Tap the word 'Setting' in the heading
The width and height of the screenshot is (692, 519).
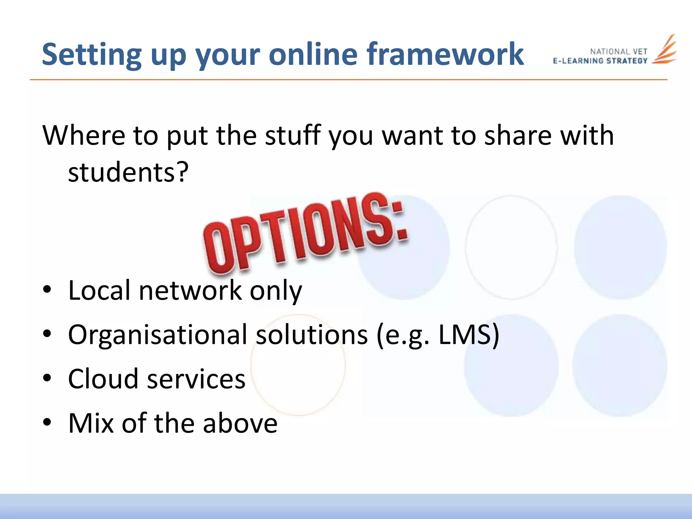tap(91, 55)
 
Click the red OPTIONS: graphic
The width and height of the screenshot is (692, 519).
tap(304, 233)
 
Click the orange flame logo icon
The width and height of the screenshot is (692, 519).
tap(664, 50)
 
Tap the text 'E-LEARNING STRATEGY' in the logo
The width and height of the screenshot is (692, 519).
tap(600, 61)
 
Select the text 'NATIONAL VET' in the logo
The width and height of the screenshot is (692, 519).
tap(618, 52)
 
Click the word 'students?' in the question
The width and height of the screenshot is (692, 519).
tap(128, 172)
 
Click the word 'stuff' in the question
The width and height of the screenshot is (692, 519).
tap(293, 135)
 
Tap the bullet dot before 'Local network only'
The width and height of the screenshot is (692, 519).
tap(47, 290)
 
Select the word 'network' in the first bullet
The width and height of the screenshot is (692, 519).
tap(190, 291)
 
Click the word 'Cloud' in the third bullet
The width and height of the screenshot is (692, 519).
tap(103, 379)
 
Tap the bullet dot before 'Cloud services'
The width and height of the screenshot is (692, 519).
tap(47, 378)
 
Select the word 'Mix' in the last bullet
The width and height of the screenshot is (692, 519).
tap(91, 423)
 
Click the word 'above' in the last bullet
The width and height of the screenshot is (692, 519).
tap(240, 423)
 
